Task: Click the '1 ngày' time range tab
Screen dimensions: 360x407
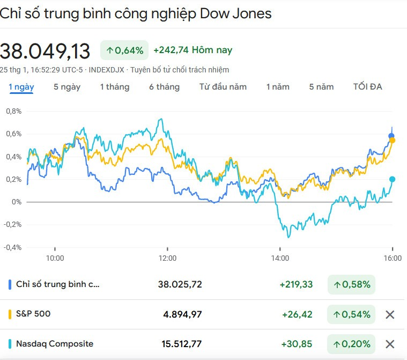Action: click(x=21, y=86)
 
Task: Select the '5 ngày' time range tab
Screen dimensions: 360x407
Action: click(x=67, y=86)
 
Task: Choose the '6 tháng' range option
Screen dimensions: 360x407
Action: click(x=164, y=86)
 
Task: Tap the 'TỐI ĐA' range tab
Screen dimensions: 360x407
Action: click(x=367, y=86)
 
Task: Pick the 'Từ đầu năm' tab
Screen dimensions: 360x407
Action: click(x=223, y=86)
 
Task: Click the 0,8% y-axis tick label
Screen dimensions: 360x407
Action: click(x=14, y=112)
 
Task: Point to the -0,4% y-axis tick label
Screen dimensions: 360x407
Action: click(x=13, y=247)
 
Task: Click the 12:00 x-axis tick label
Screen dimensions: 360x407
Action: click(x=167, y=258)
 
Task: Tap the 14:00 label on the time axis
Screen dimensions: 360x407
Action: click(x=280, y=258)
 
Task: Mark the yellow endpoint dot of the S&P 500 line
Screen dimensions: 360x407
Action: click(x=393, y=140)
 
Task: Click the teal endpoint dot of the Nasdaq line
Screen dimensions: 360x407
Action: click(x=393, y=179)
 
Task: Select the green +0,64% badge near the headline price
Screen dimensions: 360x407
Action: click(x=124, y=50)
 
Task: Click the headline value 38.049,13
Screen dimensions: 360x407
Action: click(x=45, y=51)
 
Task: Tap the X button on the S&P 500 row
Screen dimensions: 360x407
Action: click(x=390, y=314)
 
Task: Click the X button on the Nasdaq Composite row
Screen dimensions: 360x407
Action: click(x=390, y=344)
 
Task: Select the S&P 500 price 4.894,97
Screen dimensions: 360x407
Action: click(x=182, y=314)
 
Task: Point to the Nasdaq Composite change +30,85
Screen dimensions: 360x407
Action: click(x=297, y=344)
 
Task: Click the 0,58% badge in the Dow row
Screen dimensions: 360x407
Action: click(x=352, y=284)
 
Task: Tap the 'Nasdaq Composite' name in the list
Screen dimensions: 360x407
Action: click(x=55, y=343)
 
